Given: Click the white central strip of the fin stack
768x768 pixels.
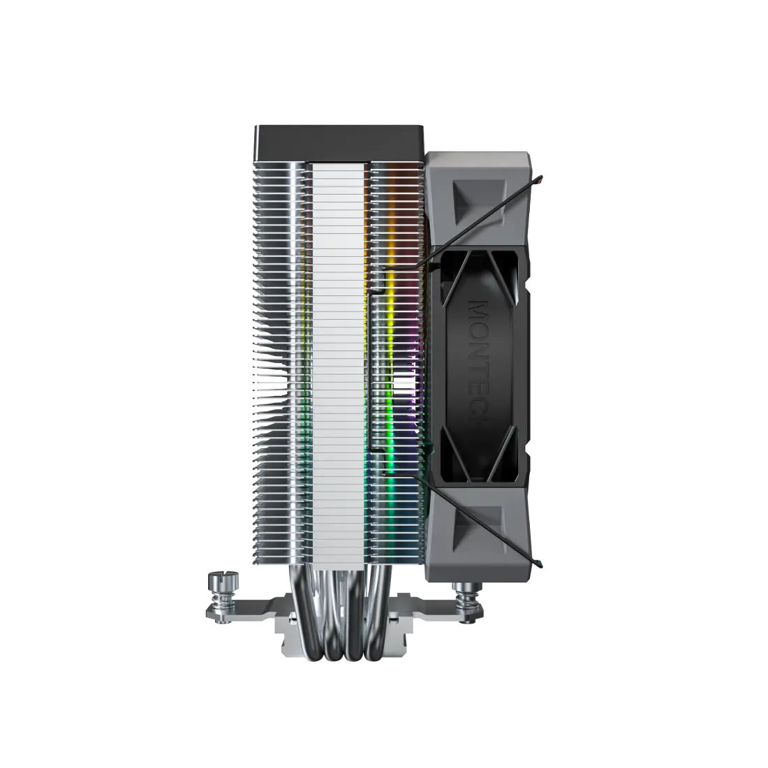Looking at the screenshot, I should pyautogui.click(x=341, y=349).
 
